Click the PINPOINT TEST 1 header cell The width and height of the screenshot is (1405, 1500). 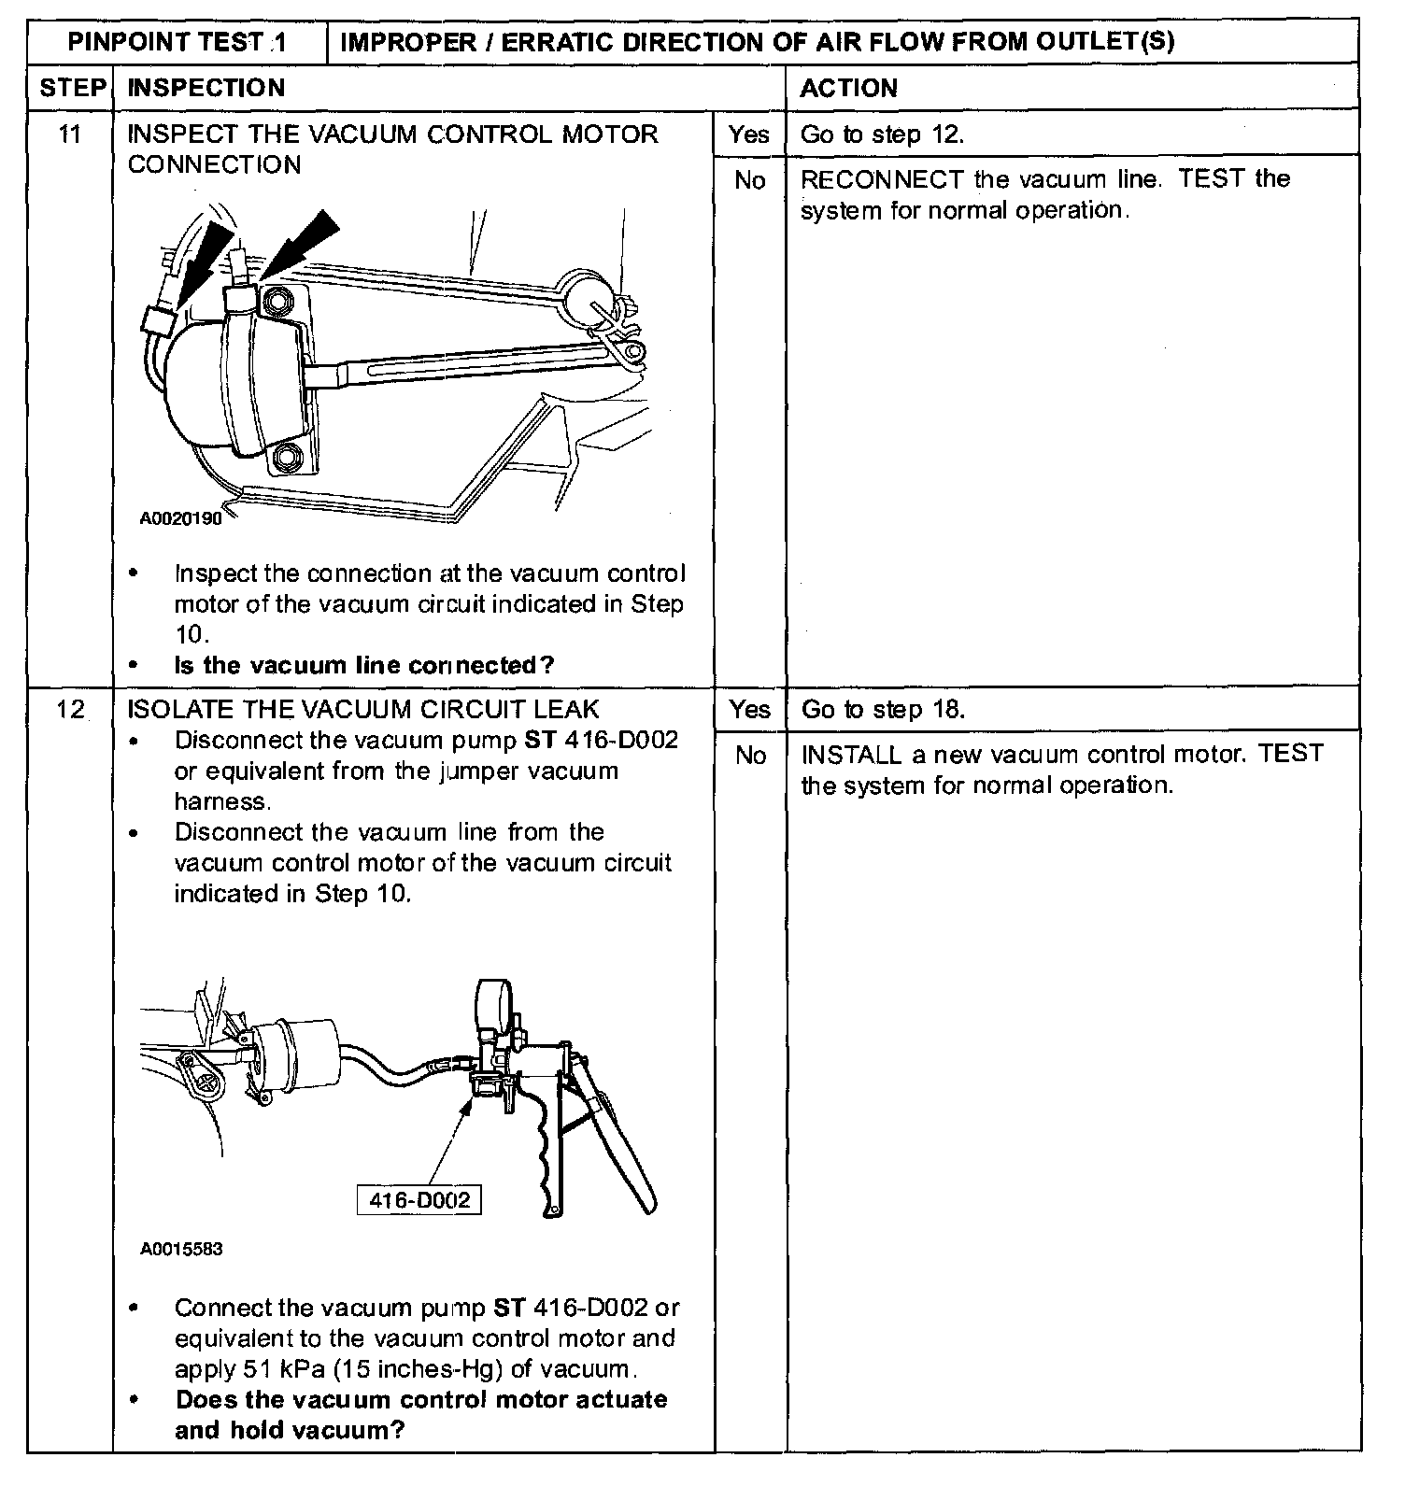(177, 42)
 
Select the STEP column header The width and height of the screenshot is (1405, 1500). (71, 88)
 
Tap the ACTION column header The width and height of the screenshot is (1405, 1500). (848, 88)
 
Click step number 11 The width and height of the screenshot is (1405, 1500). (70, 134)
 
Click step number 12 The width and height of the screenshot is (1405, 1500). (70, 710)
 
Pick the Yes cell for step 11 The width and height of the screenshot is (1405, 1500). (749, 134)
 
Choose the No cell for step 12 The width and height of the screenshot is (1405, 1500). (749, 755)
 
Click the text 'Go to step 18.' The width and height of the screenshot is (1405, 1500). (882, 710)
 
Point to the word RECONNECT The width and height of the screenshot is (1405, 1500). (882, 179)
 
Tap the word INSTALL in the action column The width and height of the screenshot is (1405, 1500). (851, 754)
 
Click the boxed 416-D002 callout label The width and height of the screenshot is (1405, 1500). (419, 1199)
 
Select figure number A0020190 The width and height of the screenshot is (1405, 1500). (181, 518)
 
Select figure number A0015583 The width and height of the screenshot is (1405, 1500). (181, 1249)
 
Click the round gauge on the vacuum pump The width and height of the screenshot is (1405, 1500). (496, 1005)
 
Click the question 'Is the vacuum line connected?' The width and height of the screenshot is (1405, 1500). (364, 665)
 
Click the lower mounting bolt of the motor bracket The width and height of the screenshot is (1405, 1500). (286, 458)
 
